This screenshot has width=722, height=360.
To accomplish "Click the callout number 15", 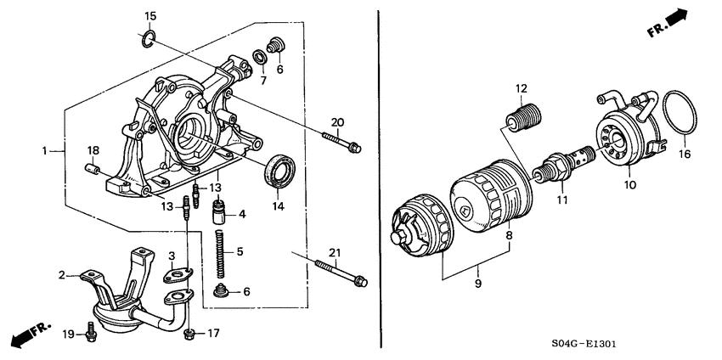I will [x=149, y=16].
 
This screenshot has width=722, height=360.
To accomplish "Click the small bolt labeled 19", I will [x=91, y=335].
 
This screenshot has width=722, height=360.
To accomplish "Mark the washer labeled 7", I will [x=257, y=57].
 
